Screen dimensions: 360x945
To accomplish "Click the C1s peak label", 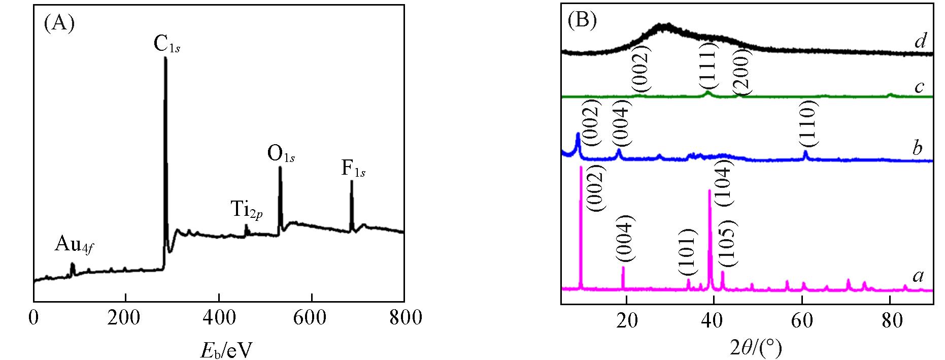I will tap(166, 44).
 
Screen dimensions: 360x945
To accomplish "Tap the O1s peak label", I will tap(281, 154).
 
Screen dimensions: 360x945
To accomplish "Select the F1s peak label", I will tap(353, 169).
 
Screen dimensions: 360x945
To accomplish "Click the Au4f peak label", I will tap(75, 246).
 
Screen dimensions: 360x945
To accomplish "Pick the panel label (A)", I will tap(59, 23).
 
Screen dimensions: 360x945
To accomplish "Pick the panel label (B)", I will tap(582, 19).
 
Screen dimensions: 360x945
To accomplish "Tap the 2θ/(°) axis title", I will tap(748, 348).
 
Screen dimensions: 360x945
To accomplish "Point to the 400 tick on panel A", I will tap(219, 318).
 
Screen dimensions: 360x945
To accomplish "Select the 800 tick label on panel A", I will tap(404, 318).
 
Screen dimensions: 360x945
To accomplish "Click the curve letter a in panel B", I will tap(918, 276).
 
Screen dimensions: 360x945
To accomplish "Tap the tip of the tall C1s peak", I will tap(165, 58).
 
